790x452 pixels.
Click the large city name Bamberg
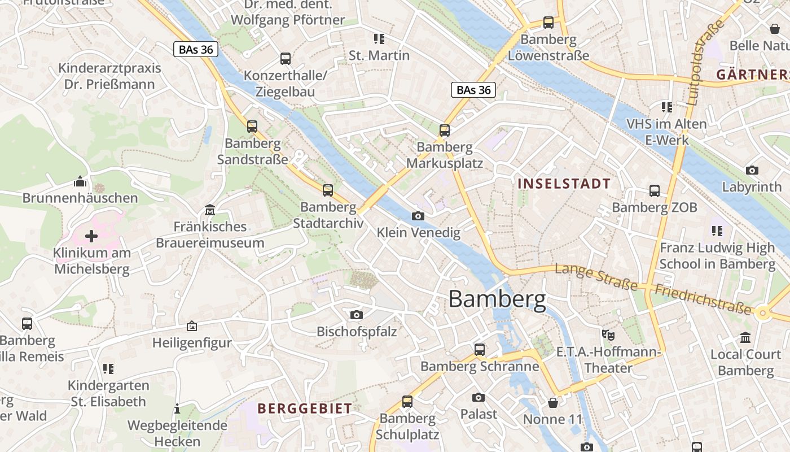click(497, 299)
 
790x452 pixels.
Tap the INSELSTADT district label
click(564, 184)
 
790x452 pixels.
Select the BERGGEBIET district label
click(305, 408)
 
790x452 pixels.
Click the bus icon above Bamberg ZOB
click(655, 191)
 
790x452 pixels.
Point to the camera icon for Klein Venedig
click(418, 216)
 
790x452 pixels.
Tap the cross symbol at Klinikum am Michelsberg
click(91, 236)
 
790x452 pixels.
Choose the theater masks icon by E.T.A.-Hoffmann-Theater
click(608, 334)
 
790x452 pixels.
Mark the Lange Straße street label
click(596, 277)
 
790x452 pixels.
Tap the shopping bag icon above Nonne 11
click(553, 403)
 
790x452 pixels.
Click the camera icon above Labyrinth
click(752, 170)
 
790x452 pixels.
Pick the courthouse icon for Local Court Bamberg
click(745, 338)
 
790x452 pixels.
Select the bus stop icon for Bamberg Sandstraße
click(252, 127)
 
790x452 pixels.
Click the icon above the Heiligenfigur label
click(192, 326)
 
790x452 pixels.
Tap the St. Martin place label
click(379, 55)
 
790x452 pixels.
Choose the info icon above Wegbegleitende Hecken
click(177, 408)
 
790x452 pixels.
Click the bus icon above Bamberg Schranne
click(479, 350)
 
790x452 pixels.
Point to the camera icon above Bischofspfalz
click(357, 315)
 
